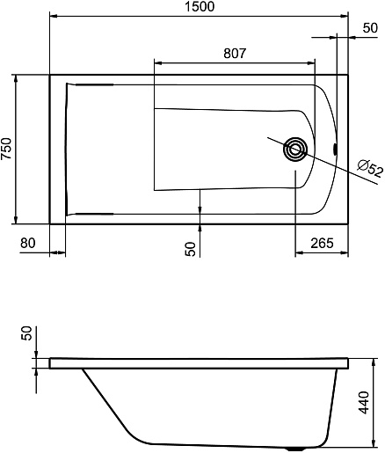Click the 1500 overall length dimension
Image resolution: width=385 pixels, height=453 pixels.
click(200, 6)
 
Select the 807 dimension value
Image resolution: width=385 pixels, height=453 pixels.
click(235, 54)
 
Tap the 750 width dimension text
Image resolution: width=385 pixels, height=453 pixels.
click(6, 149)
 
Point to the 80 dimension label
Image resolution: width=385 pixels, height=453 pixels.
click(28, 243)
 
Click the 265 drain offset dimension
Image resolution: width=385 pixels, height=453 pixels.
click(322, 243)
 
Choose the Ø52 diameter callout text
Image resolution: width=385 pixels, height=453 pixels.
click(370, 168)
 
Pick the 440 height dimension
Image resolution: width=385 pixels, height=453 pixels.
click(364, 403)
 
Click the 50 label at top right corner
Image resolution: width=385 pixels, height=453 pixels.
click(370, 28)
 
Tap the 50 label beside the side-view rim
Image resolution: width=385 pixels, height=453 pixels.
click(26, 333)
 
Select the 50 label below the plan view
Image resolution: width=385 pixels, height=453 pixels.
click(191, 249)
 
